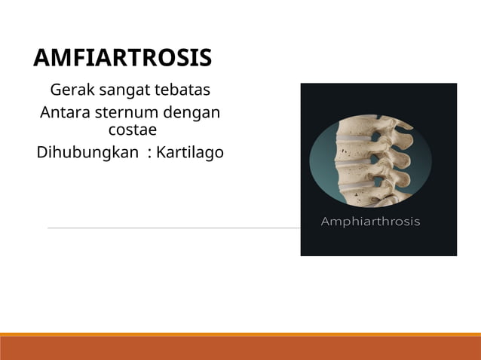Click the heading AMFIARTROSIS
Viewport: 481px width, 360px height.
[x=123, y=58]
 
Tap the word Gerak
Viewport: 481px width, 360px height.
[x=70, y=91]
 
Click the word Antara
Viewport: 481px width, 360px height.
[x=65, y=114]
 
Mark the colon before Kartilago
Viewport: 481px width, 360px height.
[x=150, y=154]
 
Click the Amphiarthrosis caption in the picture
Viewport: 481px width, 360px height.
[x=370, y=221]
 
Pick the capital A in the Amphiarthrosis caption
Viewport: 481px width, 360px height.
[x=326, y=221]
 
